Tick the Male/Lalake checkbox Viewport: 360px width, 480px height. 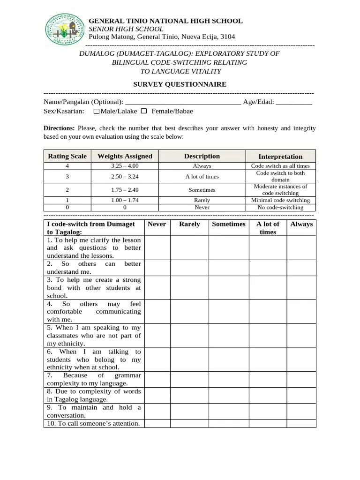coord(97,112)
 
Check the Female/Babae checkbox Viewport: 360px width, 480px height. coord(144,111)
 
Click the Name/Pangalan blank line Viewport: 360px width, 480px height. coord(183,102)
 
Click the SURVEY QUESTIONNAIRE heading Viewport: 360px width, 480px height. coord(180,84)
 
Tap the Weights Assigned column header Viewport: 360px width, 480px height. coord(125,156)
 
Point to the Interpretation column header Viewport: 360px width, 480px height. coord(280,157)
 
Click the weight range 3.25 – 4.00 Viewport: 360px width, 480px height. coord(125,166)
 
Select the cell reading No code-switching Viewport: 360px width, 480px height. coord(280,207)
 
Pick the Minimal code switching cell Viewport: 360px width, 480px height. coord(280,200)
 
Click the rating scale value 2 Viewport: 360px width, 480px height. coord(67,190)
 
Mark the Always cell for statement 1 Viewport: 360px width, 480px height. coord(301,247)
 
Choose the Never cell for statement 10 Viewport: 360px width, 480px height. coord(157,423)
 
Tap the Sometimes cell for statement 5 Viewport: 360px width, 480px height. coord(229,335)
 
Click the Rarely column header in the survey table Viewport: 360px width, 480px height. coord(189,224)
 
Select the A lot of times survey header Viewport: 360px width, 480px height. coord(268,228)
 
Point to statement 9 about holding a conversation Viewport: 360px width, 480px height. coord(94,411)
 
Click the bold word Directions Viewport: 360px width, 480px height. coord(59,128)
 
